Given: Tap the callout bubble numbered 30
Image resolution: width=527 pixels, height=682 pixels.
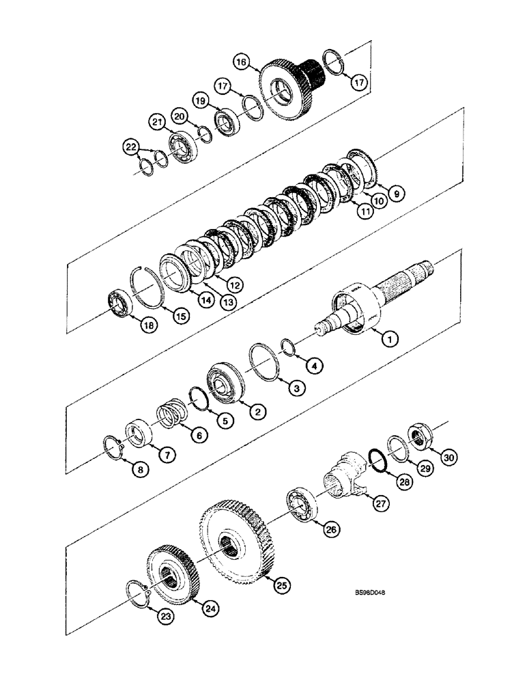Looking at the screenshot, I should click(x=447, y=459).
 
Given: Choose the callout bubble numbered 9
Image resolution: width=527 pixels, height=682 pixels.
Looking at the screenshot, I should click(x=395, y=192).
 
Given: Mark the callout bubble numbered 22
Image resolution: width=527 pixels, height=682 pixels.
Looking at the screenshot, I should click(x=130, y=147).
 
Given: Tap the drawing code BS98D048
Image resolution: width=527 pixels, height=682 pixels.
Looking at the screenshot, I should click(x=366, y=593).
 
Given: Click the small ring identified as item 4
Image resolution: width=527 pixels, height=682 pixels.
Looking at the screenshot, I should click(x=288, y=349).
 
